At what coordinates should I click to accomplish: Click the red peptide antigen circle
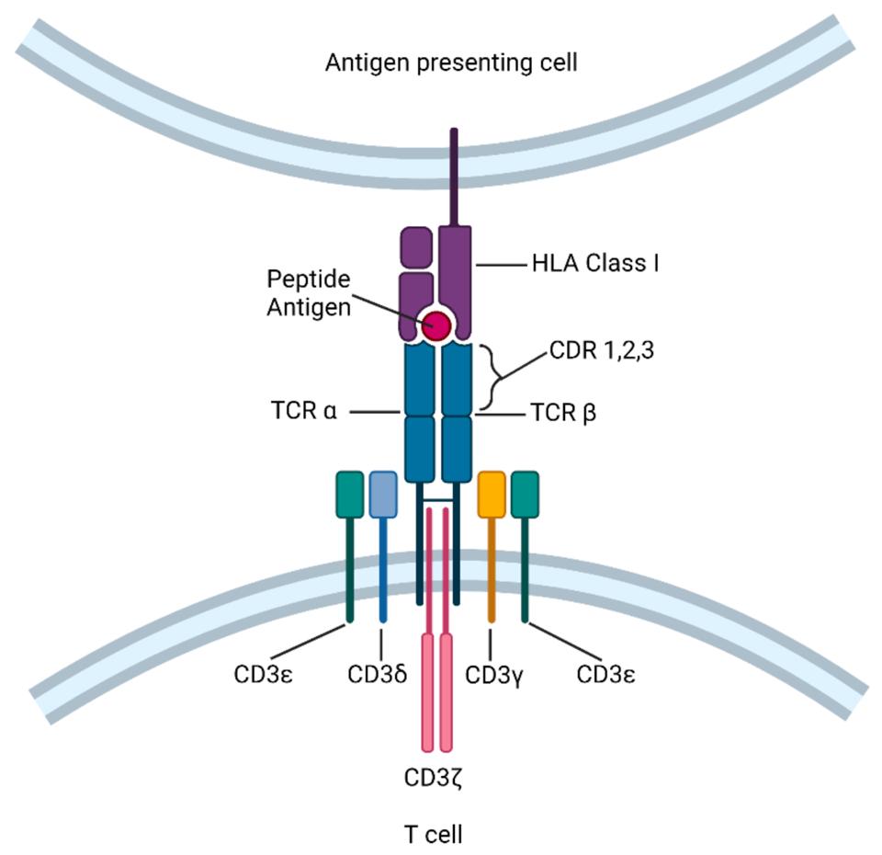point(435,325)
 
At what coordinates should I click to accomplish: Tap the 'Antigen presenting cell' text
point(451,63)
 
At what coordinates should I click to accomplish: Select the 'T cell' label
point(433,835)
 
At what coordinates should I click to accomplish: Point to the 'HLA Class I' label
point(595,264)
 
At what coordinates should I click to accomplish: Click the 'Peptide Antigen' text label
point(309,292)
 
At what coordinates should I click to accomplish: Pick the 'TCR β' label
point(563,413)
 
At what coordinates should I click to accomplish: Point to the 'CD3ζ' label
point(436,779)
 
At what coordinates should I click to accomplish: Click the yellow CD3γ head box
point(492,494)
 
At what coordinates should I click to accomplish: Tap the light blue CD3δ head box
point(382,494)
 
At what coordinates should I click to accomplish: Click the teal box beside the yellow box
point(525,494)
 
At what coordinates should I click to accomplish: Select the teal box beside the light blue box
point(350,494)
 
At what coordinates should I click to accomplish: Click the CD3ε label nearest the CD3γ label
point(606,675)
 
